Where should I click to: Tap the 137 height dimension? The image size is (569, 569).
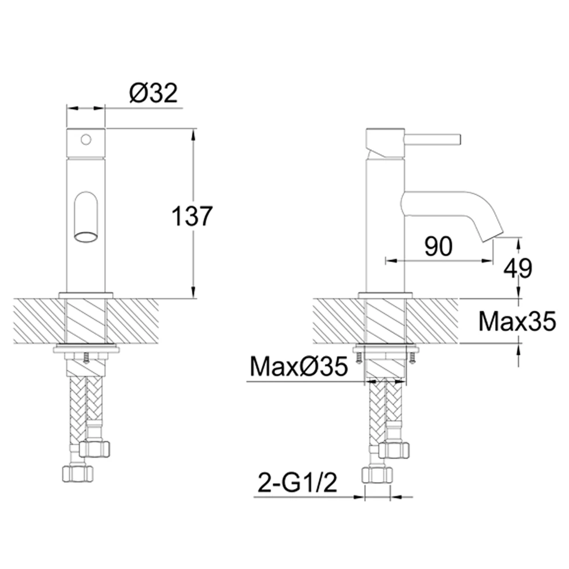(191, 217)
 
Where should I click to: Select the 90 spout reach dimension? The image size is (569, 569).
(439, 247)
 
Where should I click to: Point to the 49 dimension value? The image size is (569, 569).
(518, 269)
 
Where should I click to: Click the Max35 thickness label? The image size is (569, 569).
(517, 321)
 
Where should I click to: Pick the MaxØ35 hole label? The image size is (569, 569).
(299, 367)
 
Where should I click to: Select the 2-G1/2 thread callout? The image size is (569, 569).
(298, 483)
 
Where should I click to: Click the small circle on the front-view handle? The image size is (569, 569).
(86, 139)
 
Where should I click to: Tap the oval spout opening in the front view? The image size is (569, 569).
(86, 237)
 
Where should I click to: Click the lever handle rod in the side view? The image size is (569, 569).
(432, 139)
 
